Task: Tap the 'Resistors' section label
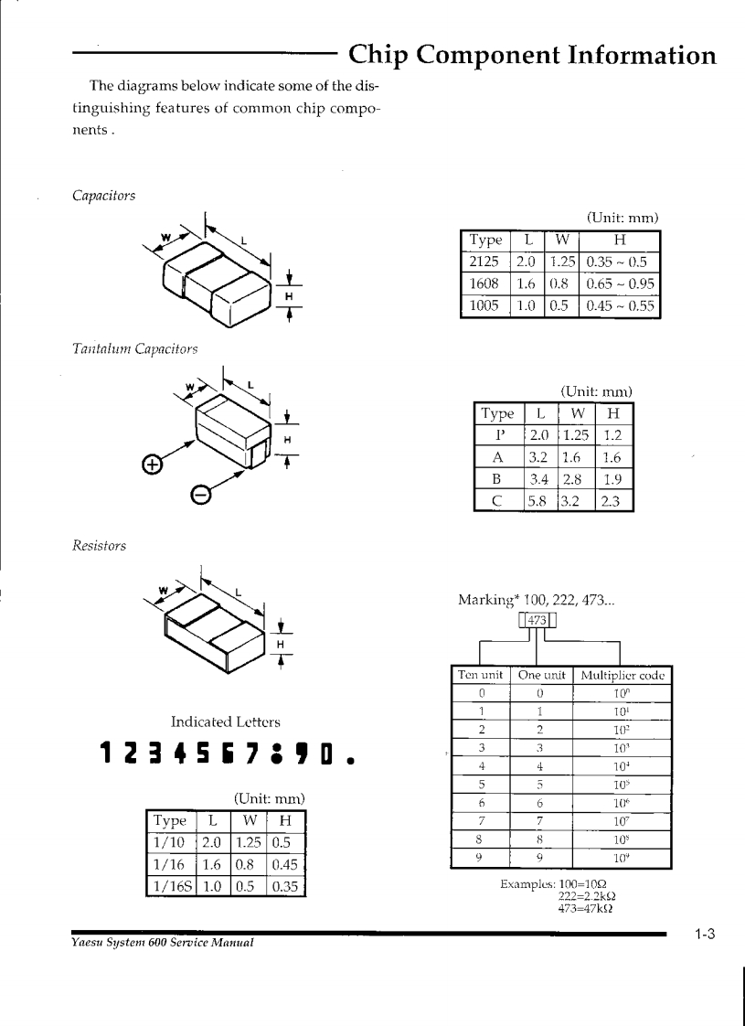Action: pyautogui.click(x=100, y=546)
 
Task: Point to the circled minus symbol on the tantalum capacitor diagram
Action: pyautogui.click(x=200, y=495)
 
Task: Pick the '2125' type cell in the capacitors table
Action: pyautogui.click(x=484, y=262)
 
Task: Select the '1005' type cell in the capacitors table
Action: pyautogui.click(x=484, y=305)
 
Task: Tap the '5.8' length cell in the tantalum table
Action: pyautogui.click(x=538, y=500)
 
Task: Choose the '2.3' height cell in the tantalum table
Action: pyautogui.click(x=613, y=500)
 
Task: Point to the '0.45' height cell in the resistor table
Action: pyautogui.click(x=284, y=864)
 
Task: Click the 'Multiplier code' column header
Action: pyautogui.click(x=622, y=676)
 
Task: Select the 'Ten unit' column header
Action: pyautogui.click(x=481, y=676)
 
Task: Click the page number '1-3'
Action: pyautogui.click(x=703, y=935)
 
